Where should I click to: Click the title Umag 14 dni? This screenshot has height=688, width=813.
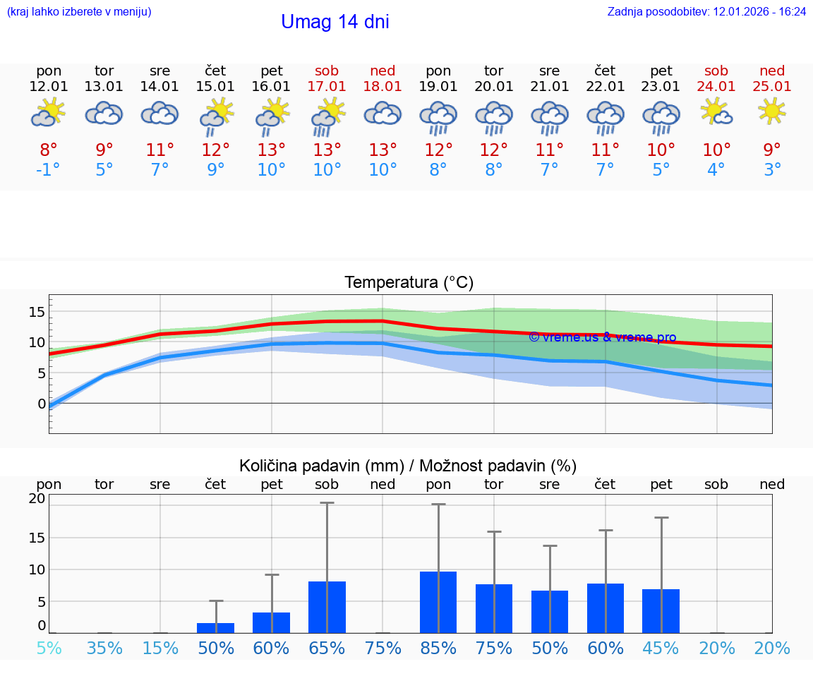click(335, 22)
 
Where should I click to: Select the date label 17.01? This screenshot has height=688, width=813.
click(327, 87)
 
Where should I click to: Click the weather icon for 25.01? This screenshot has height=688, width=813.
click(771, 111)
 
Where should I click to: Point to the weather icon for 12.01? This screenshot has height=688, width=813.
click(49, 113)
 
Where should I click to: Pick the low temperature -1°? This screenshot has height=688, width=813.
click(49, 169)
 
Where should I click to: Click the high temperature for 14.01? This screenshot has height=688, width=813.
click(160, 150)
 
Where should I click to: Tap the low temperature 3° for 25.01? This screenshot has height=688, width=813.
click(772, 169)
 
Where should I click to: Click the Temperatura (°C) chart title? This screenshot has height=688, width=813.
click(409, 283)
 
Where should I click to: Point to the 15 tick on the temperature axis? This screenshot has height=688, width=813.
click(37, 312)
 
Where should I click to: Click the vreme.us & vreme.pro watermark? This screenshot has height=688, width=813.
click(602, 337)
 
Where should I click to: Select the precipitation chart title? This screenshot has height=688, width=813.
click(408, 466)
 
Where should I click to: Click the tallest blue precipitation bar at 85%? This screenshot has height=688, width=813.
click(438, 602)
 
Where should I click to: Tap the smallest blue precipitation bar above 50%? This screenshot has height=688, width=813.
click(215, 628)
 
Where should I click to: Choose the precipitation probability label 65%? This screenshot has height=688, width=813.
click(327, 648)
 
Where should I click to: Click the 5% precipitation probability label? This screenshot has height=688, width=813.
click(49, 648)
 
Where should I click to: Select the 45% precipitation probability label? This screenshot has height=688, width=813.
click(661, 648)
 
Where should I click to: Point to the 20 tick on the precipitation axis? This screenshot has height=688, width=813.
click(37, 498)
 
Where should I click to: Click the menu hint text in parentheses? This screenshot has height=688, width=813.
click(79, 11)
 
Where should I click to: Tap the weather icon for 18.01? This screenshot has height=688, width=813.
click(383, 113)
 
